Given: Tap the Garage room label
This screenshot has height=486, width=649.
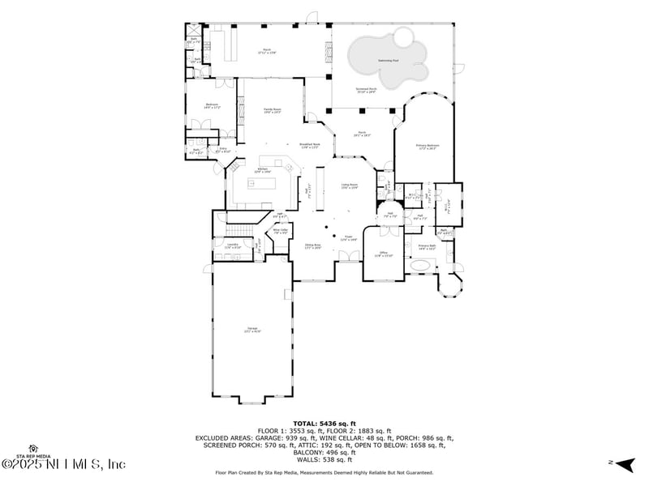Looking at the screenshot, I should coord(252,330).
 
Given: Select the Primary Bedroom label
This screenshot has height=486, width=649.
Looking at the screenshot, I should coord(427,147).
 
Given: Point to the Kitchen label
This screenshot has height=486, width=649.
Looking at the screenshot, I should coord(261,170).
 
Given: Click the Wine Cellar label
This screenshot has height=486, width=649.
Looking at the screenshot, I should coord(281,232).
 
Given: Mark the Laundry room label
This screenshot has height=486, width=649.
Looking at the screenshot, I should coord(232,245).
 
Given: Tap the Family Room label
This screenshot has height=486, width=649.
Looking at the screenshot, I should coord(272,111).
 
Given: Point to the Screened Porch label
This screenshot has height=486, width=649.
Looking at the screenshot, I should coord(367,91).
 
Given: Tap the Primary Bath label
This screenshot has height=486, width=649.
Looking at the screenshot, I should coord(427,247).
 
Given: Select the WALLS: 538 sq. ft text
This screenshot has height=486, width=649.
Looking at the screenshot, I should coord(324,459).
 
